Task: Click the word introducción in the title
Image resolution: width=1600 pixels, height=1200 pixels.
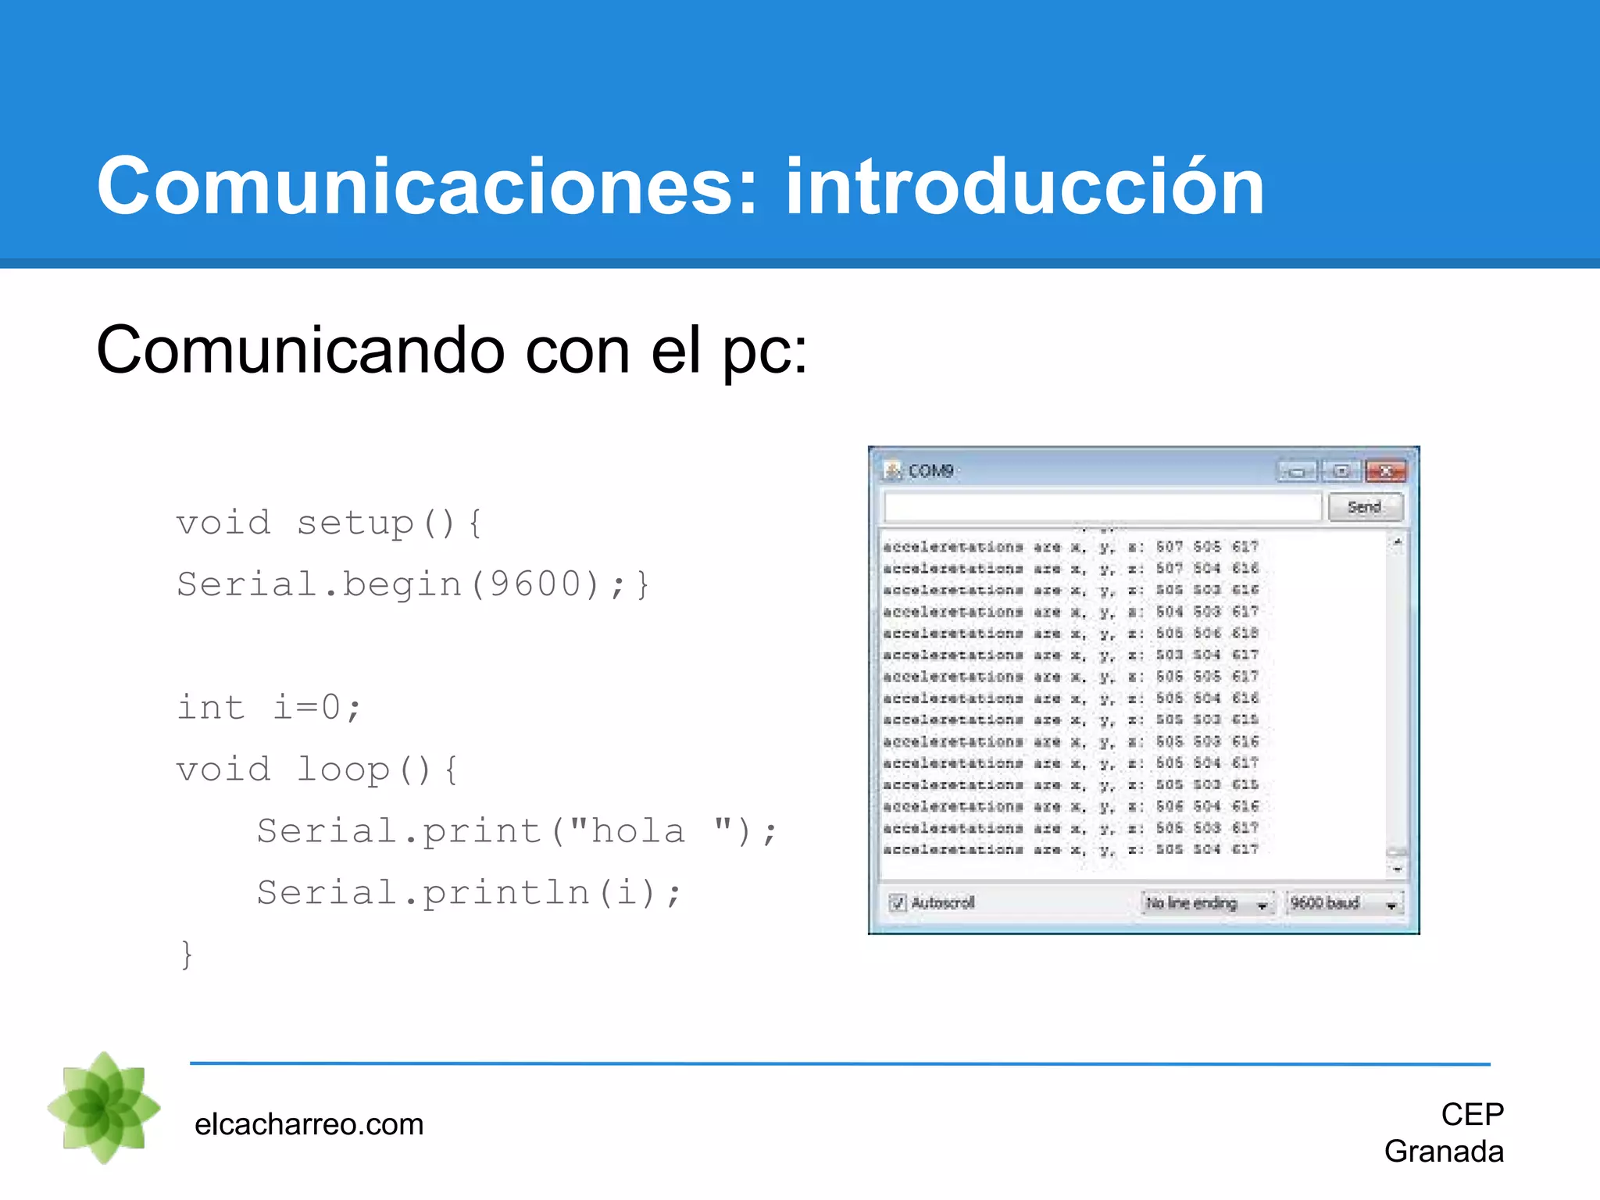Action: click(1024, 187)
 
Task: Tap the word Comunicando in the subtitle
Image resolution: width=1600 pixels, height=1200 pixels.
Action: click(300, 351)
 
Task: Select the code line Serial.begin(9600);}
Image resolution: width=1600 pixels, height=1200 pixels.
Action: click(412, 584)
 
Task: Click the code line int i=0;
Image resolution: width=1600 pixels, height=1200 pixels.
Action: click(269, 708)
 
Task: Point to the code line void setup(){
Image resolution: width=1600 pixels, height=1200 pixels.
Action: click(329, 523)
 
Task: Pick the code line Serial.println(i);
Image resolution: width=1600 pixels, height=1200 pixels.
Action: click(469, 892)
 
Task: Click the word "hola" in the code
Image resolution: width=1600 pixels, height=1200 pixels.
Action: click(637, 830)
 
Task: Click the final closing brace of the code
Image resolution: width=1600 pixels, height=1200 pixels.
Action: click(187, 954)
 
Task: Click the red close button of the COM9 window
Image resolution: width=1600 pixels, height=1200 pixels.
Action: click(1385, 471)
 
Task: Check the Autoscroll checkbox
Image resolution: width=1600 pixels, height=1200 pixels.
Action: click(898, 903)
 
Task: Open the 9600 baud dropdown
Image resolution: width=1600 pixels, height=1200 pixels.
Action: click(1344, 904)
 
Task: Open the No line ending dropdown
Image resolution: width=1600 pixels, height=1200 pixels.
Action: click(1207, 904)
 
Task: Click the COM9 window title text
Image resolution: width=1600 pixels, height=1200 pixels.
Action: click(930, 471)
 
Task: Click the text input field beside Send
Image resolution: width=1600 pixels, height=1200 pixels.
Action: click(1102, 508)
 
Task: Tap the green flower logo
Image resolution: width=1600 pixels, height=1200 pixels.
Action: click(104, 1108)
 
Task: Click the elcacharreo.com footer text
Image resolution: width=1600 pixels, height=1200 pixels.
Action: click(309, 1125)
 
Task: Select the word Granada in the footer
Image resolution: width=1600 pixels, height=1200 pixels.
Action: click(1444, 1152)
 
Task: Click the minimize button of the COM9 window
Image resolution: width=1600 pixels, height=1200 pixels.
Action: click(1297, 471)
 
